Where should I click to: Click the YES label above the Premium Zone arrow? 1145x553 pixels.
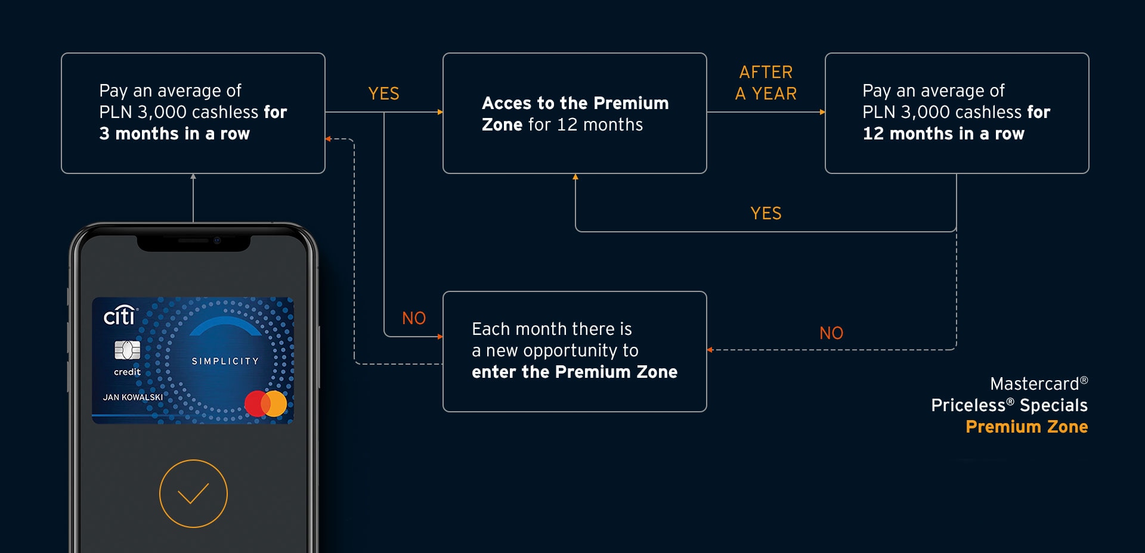click(383, 94)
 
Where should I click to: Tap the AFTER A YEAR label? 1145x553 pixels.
click(766, 83)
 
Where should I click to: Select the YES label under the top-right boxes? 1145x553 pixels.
click(766, 213)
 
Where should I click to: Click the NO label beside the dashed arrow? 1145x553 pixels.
click(831, 333)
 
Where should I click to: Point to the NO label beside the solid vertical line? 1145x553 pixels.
click(414, 318)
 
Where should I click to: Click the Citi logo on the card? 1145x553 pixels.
click(120, 315)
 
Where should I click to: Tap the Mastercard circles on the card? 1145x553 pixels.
click(266, 403)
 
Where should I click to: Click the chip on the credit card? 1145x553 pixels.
click(127, 350)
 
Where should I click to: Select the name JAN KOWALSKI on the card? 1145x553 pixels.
click(132, 397)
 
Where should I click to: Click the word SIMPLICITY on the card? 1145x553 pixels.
click(225, 361)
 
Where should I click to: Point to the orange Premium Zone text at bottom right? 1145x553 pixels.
click(1026, 427)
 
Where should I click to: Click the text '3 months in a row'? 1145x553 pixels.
click(174, 133)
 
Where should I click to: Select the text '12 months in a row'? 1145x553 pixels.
click(943, 133)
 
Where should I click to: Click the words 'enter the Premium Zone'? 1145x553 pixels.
click(574, 372)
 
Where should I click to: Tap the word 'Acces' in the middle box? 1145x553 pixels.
click(506, 103)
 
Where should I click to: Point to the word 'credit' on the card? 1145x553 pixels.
click(127, 372)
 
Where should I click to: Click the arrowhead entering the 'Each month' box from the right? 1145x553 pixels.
click(710, 350)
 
